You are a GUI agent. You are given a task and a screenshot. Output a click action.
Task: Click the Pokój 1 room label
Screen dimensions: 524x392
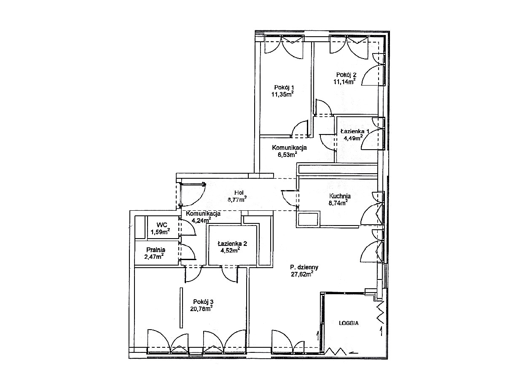(x=282, y=87)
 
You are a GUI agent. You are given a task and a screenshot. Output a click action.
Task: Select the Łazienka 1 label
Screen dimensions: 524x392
(x=355, y=132)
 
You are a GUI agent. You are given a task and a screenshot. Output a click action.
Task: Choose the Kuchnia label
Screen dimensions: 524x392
(x=340, y=196)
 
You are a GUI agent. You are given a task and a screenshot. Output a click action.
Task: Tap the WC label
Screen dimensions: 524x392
(x=162, y=225)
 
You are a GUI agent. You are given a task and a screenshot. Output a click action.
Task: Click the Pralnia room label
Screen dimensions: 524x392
(x=156, y=250)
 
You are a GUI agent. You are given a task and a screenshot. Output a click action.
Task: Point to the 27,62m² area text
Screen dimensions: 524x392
(x=302, y=274)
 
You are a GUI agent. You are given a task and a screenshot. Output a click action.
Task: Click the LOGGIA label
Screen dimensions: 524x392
(x=349, y=323)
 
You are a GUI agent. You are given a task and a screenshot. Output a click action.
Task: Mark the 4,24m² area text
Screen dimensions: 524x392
(x=201, y=220)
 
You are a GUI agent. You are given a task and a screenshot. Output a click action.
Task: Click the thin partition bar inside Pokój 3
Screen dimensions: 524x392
(x=181, y=308)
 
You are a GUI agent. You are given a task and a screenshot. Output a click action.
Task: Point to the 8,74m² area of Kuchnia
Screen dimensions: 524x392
(x=338, y=203)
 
